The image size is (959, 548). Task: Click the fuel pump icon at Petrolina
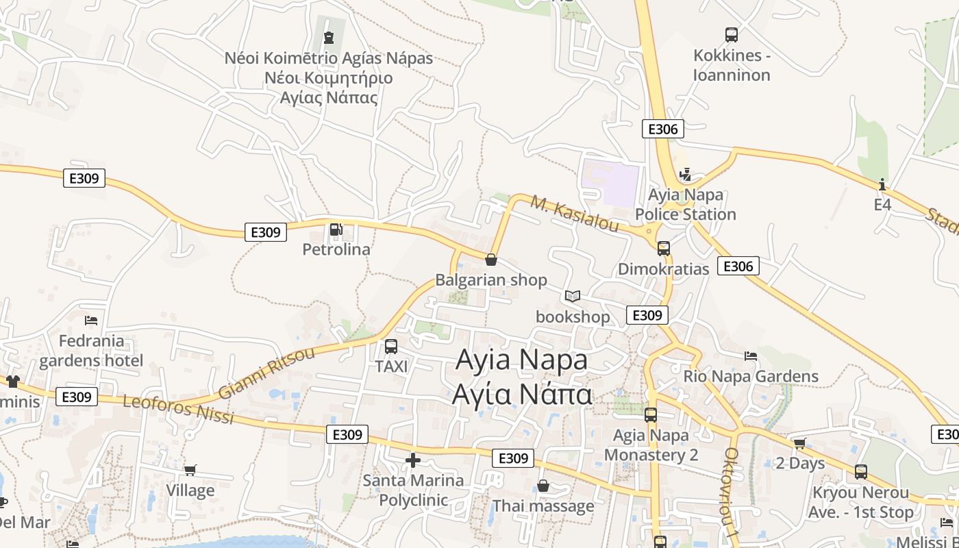336,229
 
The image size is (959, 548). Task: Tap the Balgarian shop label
491,279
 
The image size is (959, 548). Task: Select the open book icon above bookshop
573,296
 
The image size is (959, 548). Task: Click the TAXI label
391,366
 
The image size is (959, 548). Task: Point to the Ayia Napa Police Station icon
684,175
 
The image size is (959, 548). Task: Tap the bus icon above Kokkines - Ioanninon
732,34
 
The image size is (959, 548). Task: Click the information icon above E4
882,184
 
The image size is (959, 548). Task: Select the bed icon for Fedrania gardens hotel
91,320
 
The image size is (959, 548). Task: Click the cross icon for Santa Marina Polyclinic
413,460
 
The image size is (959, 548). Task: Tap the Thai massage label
543,506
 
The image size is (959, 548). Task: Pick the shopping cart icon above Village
190,470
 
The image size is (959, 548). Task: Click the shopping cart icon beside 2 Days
799,443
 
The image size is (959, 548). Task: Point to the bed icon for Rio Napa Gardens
751,356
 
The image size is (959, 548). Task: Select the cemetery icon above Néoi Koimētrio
329,37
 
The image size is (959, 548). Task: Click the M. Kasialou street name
575,214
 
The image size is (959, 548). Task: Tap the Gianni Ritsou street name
266,373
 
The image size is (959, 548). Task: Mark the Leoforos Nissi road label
178,408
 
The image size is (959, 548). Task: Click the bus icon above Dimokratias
663,248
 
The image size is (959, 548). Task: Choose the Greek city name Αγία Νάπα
521,395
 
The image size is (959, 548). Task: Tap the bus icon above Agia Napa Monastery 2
651,414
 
